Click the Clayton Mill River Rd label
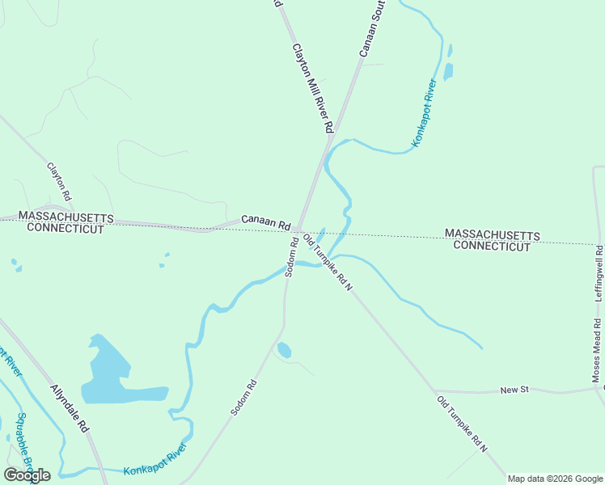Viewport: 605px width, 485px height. (312, 88)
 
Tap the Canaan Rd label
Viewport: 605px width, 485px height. (265, 221)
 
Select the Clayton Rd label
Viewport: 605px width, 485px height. (59, 182)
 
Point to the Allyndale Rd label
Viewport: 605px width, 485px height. (69, 409)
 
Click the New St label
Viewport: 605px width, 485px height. (514, 390)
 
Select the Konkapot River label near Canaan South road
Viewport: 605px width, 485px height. (425, 113)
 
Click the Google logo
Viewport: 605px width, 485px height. (27, 474)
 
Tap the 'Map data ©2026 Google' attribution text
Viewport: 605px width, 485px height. (555, 479)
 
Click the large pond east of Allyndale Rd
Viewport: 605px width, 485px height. (109, 376)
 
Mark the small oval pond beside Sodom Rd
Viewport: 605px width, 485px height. (284, 350)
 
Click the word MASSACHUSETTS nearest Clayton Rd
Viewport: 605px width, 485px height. (66, 217)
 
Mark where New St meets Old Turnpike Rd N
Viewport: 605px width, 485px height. (434, 390)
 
